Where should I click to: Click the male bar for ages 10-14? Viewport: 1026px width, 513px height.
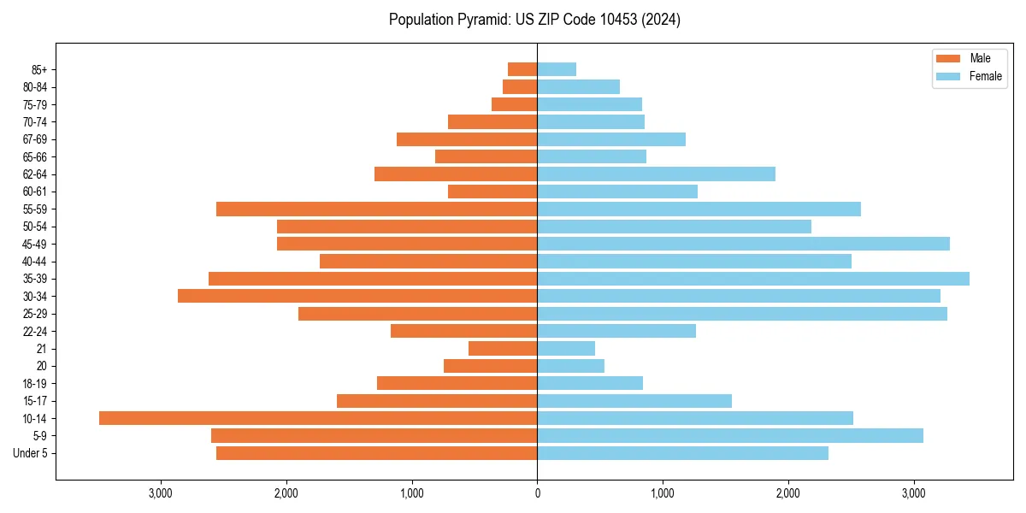coord(318,418)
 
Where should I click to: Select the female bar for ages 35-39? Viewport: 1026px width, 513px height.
coord(753,279)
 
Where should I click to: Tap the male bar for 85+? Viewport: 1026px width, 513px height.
coord(522,69)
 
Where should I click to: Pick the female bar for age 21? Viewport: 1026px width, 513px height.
coord(566,348)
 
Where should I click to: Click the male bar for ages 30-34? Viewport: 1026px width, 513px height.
coord(357,296)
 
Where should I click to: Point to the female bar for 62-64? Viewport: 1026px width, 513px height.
coord(656,174)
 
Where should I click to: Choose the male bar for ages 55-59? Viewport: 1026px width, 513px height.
coord(376,209)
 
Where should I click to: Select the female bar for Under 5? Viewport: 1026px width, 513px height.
coord(682,453)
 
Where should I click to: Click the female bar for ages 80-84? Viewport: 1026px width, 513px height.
coord(578,86)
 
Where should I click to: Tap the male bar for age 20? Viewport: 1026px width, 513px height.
coord(490,366)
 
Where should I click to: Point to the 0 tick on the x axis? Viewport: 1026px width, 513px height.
coord(537,493)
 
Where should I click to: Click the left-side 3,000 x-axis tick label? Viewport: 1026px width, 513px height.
coord(161,493)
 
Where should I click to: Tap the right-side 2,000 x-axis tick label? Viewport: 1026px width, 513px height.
coord(787,493)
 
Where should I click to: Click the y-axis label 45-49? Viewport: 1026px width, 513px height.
coord(34,244)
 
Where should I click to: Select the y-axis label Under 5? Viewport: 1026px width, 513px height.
coord(31,453)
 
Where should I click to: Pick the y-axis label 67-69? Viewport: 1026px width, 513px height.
coord(34,139)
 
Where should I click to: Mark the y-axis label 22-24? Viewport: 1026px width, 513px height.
coord(34,331)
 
